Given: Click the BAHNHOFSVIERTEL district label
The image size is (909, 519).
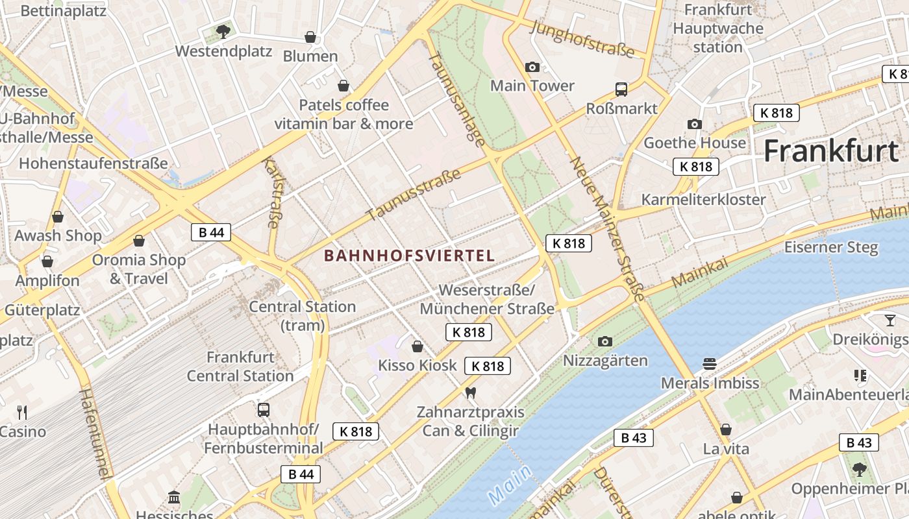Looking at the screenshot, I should pyautogui.click(x=409, y=256).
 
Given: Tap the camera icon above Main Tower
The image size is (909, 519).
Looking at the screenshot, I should pyautogui.click(x=532, y=67).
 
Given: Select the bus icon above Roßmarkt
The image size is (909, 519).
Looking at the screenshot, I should pyautogui.click(x=621, y=90).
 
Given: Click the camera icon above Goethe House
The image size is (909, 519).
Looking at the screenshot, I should pyautogui.click(x=694, y=124).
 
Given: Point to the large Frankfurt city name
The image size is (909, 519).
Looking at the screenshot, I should pyautogui.click(x=830, y=151).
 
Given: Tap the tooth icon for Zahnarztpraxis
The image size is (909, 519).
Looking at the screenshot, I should pyautogui.click(x=471, y=392).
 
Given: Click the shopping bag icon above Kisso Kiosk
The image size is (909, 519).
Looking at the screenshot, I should pyautogui.click(x=417, y=346).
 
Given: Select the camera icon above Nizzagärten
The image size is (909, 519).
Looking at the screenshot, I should pyautogui.click(x=605, y=341).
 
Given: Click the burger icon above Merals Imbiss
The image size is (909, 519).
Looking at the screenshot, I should pyautogui.click(x=709, y=364).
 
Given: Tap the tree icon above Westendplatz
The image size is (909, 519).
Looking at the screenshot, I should pyautogui.click(x=223, y=31).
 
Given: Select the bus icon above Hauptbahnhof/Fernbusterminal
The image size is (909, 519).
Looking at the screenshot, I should pyautogui.click(x=263, y=410).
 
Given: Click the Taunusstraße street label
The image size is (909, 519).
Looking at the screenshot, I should pyautogui.click(x=414, y=195).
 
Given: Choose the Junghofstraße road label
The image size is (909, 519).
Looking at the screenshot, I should pyautogui.click(x=582, y=38).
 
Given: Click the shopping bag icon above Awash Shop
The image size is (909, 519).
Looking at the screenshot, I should pyautogui.click(x=58, y=217).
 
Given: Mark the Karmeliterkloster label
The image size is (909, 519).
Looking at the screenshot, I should pyautogui.click(x=703, y=199).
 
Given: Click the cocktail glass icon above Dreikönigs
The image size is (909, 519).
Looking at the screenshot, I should pyautogui.click(x=889, y=320).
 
